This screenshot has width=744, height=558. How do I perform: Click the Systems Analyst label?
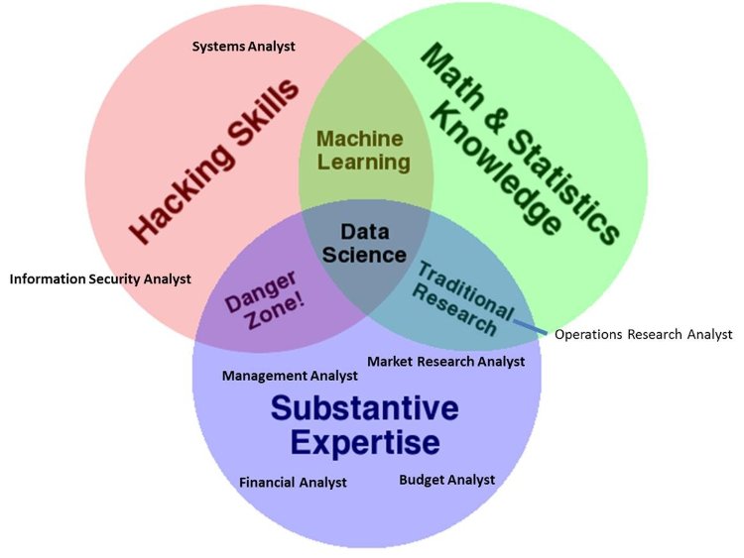243,47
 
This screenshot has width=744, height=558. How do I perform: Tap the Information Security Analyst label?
99,279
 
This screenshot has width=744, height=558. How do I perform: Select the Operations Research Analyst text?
643,334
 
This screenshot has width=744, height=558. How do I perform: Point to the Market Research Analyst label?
445,362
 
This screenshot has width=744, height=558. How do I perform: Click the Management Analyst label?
290,376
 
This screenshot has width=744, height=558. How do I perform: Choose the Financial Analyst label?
293,483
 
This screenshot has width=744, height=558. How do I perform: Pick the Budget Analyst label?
446,480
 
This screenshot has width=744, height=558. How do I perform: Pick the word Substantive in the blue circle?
365,408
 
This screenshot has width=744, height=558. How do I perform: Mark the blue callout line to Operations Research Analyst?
530,327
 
